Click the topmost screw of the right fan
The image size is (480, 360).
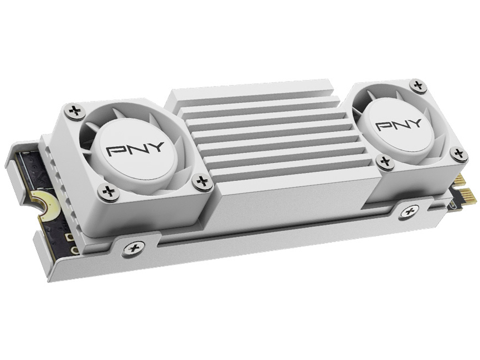[x=417, y=85]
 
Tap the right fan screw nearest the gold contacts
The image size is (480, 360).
[x=458, y=154]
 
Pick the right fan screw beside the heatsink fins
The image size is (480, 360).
[x=384, y=162]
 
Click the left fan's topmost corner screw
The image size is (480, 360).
[x=74, y=111]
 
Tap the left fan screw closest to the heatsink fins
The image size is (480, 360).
[x=202, y=180]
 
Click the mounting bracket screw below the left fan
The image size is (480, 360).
[x=133, y=248]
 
